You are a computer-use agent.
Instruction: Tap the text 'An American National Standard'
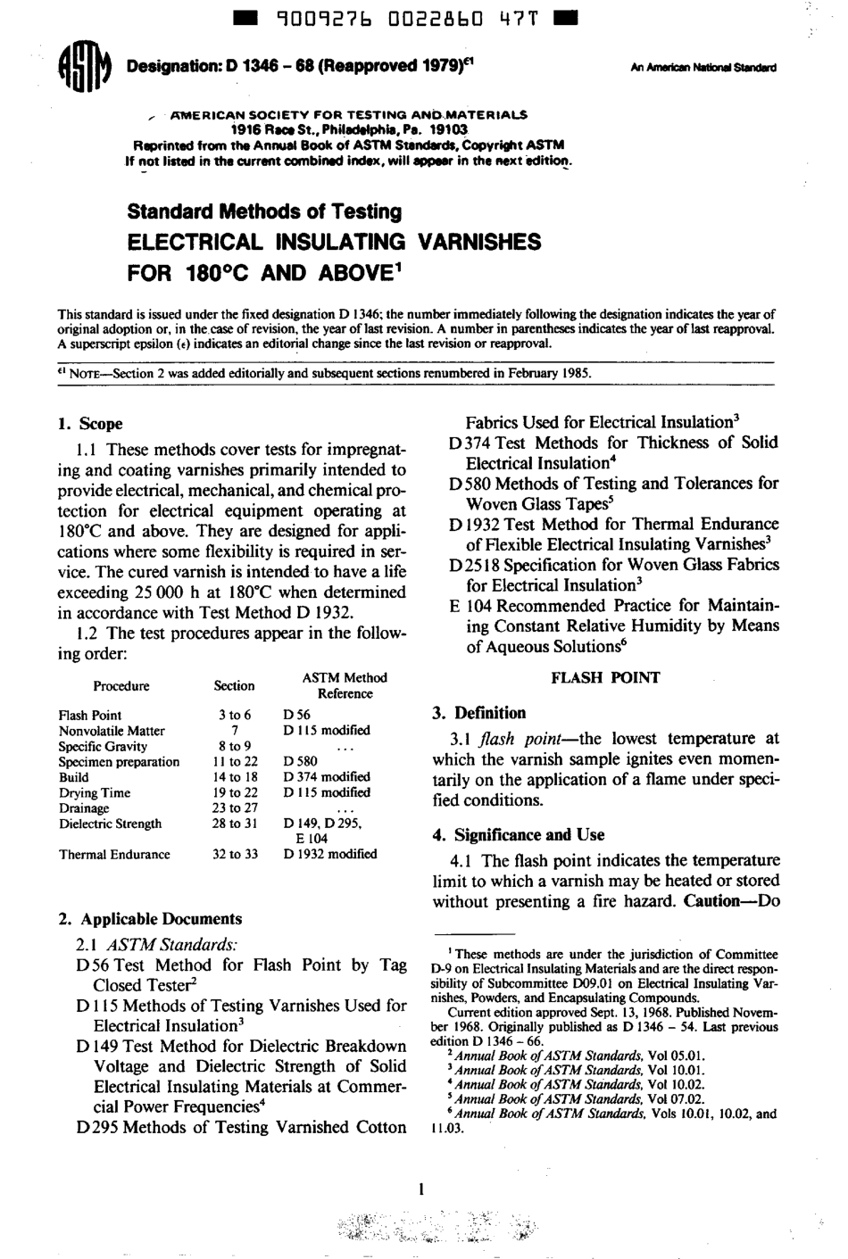[703, 68]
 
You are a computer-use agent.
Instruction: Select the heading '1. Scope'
[90, 424]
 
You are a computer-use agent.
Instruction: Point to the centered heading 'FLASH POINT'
[605, 677]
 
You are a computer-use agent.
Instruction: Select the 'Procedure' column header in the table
[121, 686]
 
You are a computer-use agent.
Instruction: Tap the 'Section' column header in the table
[234, 686]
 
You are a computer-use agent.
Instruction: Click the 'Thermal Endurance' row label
[114, 854]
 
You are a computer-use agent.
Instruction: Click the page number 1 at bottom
[420, 1189]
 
